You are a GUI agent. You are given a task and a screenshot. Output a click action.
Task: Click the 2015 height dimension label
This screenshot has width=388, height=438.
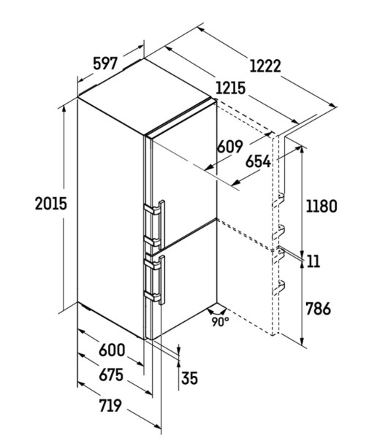tap(51, 204)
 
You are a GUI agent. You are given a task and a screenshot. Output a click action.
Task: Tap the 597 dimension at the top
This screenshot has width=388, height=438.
tap(105, 64)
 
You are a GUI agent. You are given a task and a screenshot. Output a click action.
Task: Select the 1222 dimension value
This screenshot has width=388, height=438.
tap(265, 66)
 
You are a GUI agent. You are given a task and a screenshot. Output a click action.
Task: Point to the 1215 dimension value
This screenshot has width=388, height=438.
tap(231, 88)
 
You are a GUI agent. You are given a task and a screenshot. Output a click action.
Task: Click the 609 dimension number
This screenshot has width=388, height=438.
tap(229, 147)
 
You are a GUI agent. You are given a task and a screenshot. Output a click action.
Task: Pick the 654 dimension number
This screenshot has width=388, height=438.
tap(258, 162)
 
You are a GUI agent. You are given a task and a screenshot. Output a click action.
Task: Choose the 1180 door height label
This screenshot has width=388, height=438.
tap(322, 207)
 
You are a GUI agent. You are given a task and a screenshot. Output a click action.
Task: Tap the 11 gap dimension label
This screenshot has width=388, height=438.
tap(313, 261)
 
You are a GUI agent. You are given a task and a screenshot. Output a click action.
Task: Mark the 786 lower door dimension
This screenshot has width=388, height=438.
tap(318, 309)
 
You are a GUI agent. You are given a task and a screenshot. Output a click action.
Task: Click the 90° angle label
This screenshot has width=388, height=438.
tap(220, 321)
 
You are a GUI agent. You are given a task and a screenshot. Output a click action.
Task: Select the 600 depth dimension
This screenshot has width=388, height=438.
tap(112, 350)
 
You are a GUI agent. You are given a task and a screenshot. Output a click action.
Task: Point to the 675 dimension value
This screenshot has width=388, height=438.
tap(111, 374)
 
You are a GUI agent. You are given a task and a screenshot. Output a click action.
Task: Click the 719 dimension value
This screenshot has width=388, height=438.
tap(110, 405)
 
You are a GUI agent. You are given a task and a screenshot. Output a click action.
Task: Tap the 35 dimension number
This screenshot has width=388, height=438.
tap(189, 378)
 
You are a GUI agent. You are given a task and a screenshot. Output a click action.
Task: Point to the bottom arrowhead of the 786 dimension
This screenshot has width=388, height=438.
tap(302, 341)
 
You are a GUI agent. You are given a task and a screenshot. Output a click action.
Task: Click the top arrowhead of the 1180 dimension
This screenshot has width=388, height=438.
tap(302, 150)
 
